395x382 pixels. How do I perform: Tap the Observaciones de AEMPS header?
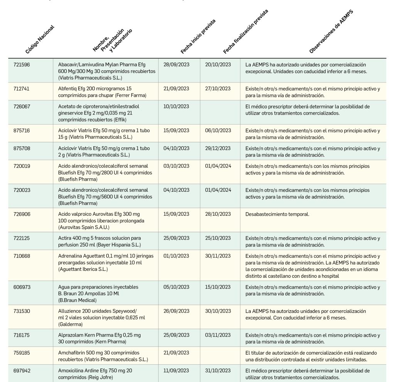[x=331, y=31]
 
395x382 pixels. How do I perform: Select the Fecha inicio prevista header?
[x=198, y=35]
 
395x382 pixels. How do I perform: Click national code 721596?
[x=22, y=65]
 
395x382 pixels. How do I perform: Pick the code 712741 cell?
[x=22, y=89]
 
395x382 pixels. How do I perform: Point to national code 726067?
[x=22, y=106]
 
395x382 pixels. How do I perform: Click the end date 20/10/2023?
[x=218, y=65]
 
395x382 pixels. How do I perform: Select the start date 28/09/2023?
[x=176, y=65]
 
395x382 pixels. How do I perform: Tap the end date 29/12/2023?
[x=218, y=148]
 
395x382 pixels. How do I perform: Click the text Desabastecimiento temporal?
[x=277, y=214]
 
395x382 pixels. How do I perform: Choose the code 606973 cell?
[x=22, y=287]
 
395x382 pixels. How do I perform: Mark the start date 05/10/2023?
[x=176, y=287]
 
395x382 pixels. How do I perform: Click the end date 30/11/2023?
[x=218, y=256]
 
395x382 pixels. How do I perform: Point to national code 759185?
[x=22, y=353]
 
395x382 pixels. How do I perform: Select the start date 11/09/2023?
[x=176, y=370]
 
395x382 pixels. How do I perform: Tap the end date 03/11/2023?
[x=218, y=335]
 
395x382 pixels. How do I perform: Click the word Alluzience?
[x=69, y=311]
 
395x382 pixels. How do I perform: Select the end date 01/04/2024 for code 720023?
[x=218, y=190]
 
